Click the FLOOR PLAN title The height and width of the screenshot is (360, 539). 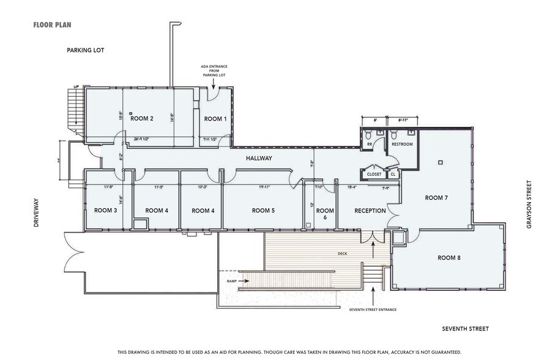tap(53, 26)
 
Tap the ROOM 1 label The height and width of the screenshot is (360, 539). tap(215, 119)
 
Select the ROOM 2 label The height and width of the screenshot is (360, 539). tap(141, 119)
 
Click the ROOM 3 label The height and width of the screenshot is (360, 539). tap(105, 211)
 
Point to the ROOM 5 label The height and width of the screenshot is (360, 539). tap(263, 211)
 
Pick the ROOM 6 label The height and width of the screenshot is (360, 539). tap(325, 214)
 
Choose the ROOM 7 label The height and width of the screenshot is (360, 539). tap(437, 198)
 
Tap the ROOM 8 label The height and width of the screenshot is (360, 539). tap(449, 258)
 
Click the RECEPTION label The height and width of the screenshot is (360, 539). tap(370, 211)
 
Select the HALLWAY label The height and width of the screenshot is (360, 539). tap(259, 159)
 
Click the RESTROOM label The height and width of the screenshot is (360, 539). tap(402, 144)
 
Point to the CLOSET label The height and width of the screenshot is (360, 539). tap(374, 174)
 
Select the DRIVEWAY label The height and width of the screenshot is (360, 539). tap(37, 213)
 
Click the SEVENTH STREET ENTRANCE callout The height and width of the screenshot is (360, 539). tap(373, 310)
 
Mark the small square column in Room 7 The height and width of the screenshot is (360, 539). tap(439, 163)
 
